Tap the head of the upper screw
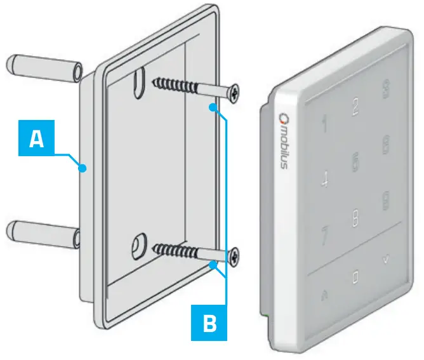235,93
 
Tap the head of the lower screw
235,257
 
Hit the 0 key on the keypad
355,277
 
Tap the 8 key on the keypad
355,220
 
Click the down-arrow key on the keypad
385,258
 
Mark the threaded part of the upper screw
174,85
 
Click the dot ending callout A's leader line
83,168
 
